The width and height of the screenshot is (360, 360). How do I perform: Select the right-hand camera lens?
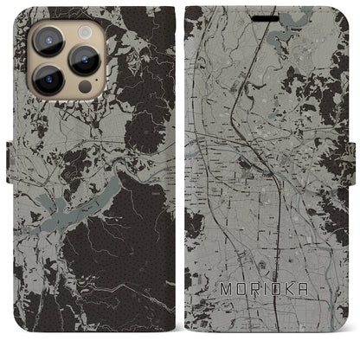85,61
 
